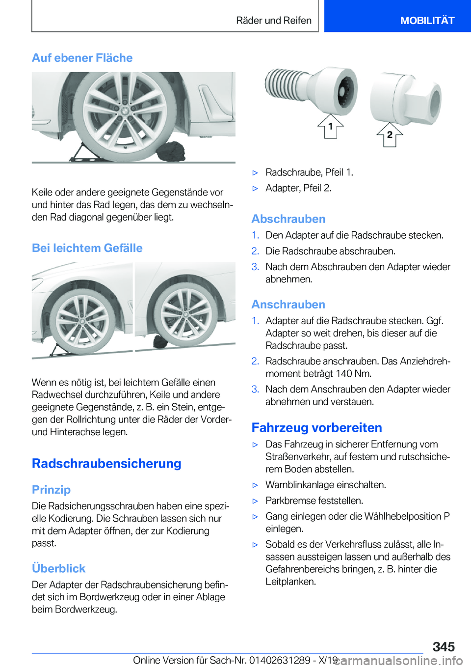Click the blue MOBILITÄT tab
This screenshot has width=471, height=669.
427,20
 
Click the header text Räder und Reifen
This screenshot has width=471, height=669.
273,20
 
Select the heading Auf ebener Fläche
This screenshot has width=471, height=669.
82,58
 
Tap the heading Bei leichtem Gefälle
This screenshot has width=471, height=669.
87,248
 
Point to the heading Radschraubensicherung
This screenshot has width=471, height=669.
106,463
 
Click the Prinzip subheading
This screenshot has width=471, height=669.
51,490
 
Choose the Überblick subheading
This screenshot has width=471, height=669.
58,568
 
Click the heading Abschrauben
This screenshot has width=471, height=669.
288,219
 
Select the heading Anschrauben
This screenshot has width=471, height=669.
288,305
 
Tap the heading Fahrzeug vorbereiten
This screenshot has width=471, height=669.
316,427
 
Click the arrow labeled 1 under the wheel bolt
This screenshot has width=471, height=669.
330,127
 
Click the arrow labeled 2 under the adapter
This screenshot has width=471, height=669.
389,135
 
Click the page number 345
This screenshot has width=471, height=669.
444,646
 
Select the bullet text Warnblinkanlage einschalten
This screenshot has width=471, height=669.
325,485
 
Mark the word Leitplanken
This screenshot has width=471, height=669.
290,582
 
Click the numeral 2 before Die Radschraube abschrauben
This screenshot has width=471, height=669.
255,251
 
